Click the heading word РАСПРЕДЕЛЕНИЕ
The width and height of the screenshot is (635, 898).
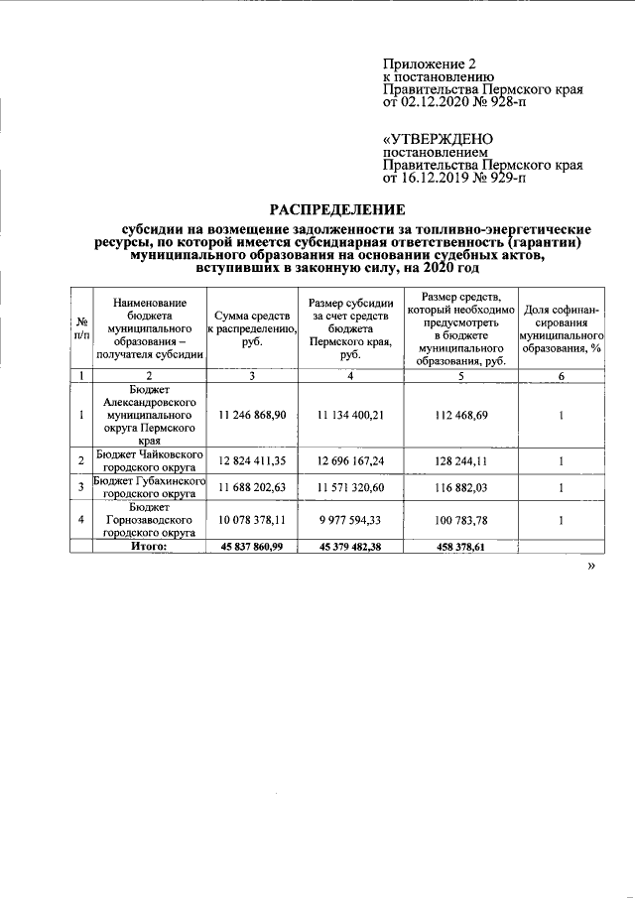coord(338,209)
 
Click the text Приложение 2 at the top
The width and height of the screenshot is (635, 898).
coord(424,64)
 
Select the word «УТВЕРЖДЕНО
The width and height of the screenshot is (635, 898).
coord(438,141)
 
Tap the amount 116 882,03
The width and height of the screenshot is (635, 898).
coord(462,487)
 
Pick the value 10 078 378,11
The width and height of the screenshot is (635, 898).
coord(251,520)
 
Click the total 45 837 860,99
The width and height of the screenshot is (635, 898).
coord(251,546)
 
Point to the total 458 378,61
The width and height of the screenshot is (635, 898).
coord(462,546)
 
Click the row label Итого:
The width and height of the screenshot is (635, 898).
coord(148,546)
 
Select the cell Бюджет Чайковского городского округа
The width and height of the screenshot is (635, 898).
coord(148,461)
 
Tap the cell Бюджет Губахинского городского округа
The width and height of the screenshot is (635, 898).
coord(148,487)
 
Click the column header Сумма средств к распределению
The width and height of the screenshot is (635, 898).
coord(251,327)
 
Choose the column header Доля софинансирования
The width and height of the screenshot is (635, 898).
coord(562,327)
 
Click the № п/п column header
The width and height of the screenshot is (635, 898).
coord(79,327)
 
